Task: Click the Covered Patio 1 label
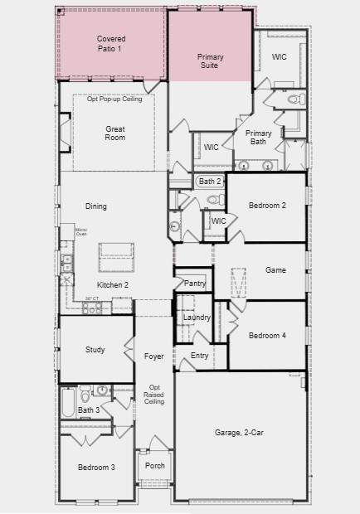[109, 44]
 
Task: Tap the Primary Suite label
[210, 61]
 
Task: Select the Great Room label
[115, 133]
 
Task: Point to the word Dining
[96, 206]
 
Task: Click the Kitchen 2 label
[113, 284]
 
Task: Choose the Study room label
[95, 350]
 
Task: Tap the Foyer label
[153, 356]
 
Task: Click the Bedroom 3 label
[96, 468]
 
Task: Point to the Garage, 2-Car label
[240, 432]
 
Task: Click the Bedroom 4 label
[267, 335]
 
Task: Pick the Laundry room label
[197, 318]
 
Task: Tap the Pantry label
[195, 284]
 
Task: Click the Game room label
[275, 270]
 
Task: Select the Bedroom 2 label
[267, 205]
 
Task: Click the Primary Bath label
[259, 137]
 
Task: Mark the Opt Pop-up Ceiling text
[115, 99]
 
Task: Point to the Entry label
[200, 356]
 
